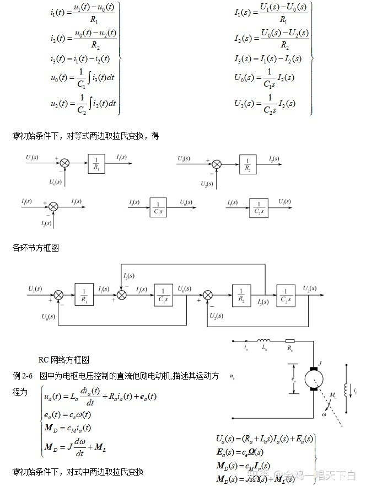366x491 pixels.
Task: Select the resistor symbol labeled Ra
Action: [x=289, y=341]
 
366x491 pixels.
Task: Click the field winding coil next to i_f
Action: [x=346, y=389]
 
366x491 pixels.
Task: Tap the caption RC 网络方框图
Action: [x=63, y=360]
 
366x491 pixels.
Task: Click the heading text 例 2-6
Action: [x=23, y=376]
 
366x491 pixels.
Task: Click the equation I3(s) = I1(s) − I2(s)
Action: [x=264, y=58]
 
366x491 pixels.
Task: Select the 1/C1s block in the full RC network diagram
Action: [x=164, y=292]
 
